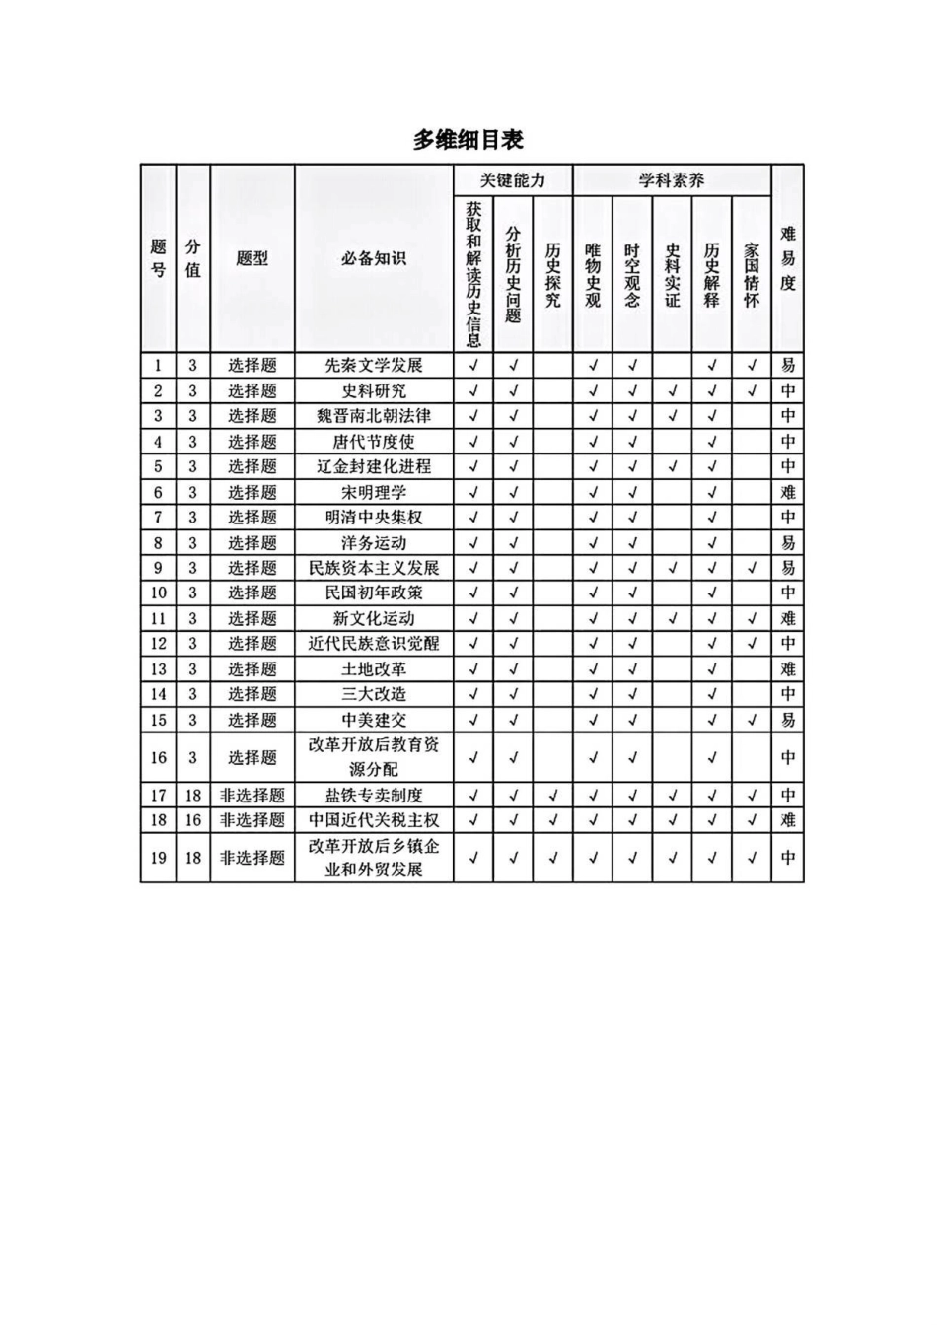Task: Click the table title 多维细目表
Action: pyautogui.click(x=468, y=140)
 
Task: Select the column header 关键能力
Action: pyautogui.click(x=512, y=180)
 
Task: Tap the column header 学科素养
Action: pyautogui.click(x=671, y=180)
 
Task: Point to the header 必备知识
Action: pyautogui.click(x=373, y=258)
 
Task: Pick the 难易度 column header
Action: pyautogui.click(x=787, y=258)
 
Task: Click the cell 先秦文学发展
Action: pyautogui.click(x=373, y=365)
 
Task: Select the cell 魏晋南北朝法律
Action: pyautogui.click(x=373, y=416)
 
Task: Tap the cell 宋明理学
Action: pyautogui.click(x=373, y=492)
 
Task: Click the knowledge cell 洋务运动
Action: pyautogui.click(x=373, y=542)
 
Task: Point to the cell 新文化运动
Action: pyautogui.click(x=373, y=618)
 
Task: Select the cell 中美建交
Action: pyautogui.click(x=373, y=720)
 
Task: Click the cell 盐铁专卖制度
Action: pyautogui.click(x=373, y=795)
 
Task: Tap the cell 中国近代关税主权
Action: pyautogui.click(x=373, y=819)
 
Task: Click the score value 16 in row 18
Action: pyautogui.click(x=192, y=819)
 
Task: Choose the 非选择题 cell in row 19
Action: pyautogui.click(x=252, y=858)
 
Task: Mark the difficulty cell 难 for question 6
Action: pyautogui.click(x=787, y=492)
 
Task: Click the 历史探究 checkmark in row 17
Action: pyautogui.click(x=552, y=795)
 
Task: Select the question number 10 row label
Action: pyautogui.click(x=158, y=593)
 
